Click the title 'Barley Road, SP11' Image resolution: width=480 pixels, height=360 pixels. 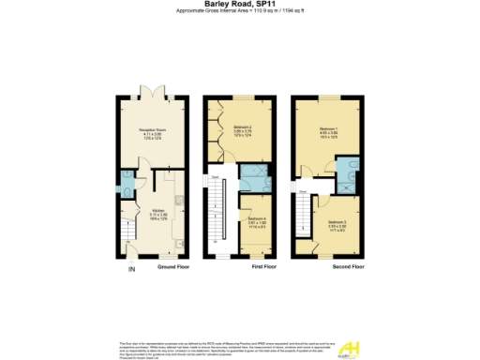[240, 4]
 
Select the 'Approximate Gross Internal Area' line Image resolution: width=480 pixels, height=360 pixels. [240, 11]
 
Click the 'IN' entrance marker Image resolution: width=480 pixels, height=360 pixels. [131, 271]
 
